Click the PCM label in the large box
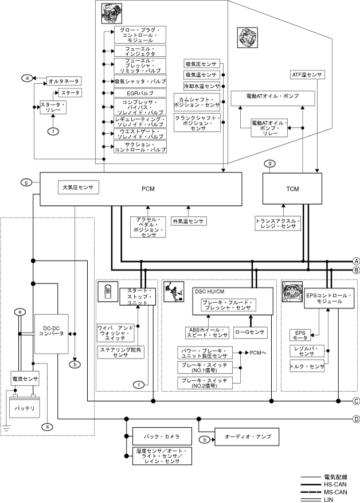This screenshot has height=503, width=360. click(148, 189)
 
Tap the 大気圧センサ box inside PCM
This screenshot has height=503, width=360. click(77, 187)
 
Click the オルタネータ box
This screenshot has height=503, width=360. click(62, 81)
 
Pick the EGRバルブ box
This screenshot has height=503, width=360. click(140, 93)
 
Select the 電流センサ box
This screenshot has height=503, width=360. click(25, 379)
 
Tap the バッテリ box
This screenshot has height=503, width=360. click(25, 408)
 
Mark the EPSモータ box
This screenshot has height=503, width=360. click(300, 334)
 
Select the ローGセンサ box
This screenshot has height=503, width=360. click(250, 332)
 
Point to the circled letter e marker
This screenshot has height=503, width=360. click(20, 312)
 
